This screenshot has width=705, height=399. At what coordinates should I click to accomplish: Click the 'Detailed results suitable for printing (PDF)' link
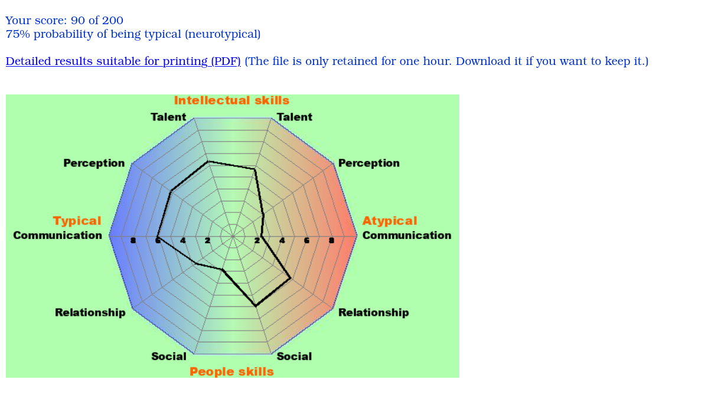(x=123, y=61)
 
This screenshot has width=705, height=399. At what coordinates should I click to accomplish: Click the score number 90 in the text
(x=78, y=21)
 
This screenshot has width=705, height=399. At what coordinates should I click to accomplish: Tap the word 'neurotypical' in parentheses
(x=223, y=35)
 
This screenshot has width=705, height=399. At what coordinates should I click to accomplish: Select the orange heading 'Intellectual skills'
(x=231, y=100)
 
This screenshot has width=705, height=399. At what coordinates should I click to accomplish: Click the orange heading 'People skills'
(x=231, y=372)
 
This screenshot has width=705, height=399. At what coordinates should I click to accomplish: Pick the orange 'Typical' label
(x=77, y=221)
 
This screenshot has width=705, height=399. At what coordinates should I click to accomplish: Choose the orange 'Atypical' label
(x=390, y=221)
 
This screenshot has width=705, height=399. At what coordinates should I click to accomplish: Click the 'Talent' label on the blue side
(x=168, y=117)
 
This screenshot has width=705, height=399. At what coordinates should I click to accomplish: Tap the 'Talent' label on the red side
(x=295, y=117)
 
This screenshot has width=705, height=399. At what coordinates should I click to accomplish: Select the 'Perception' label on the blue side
(x=94, y=163)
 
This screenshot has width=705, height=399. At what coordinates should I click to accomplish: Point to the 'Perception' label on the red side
(x=368, y=163)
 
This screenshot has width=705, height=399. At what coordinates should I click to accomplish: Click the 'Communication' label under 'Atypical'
(x=407, y=236)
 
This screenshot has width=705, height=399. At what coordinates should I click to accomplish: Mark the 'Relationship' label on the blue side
(x=90, y=313)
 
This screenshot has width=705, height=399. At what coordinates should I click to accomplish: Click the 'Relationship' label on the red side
(x=374, y=313)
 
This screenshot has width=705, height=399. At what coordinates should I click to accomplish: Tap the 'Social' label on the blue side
(x=169, y=357)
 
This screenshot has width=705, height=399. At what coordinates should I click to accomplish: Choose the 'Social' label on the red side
(x=294, y=357)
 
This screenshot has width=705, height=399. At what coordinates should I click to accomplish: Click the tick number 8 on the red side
(x=331, y=240)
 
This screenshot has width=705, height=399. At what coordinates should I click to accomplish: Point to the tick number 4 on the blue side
(x=182, y=240)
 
